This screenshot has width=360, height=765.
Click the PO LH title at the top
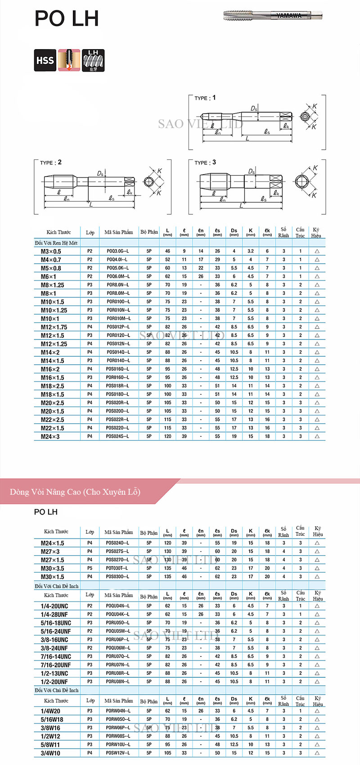(x=66, y=19)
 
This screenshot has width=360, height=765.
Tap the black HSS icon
(x=45, y=60)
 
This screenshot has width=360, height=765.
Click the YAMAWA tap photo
(x=273, y=16)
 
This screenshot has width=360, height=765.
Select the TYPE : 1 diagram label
(x=205, y=98)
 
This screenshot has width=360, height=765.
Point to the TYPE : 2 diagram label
(x=50, y=163)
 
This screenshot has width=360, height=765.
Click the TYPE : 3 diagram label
(x=205, y=163)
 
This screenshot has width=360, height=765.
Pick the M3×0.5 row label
(x=51, y=251)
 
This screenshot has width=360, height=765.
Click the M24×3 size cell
(x=50, y=437)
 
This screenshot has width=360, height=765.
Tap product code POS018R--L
(x=117, y=386)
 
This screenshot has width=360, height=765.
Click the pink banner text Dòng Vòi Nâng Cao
(x=75, y=492)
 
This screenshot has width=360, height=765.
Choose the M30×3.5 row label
(x=52, y=568)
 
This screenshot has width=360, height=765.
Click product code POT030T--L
(x=117, y=568)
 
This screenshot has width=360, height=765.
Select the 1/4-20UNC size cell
(x=54, y=606)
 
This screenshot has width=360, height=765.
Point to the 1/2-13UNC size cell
(x=54, y=674)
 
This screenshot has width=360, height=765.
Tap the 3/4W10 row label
(x=50, y=753)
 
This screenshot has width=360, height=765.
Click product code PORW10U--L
(x=118, y=745)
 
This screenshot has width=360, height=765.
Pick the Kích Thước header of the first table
(x=58, y=232)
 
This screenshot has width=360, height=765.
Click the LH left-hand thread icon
(x=93, y=60)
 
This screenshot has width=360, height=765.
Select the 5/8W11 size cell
(x=50, y=745)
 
